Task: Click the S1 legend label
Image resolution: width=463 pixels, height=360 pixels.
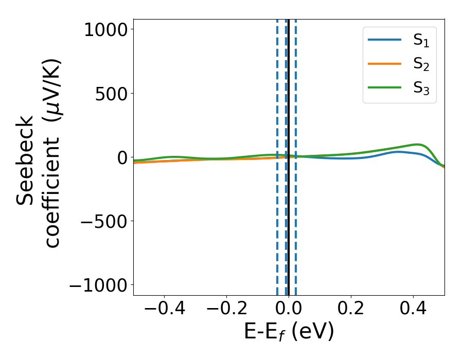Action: point(421,41)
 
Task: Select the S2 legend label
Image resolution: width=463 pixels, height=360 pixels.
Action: point(421,65)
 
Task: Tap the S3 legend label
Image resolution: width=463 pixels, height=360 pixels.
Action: point(421,88)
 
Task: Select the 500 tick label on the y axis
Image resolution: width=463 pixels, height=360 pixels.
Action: point(110,94)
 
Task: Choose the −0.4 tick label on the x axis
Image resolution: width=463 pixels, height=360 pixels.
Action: point(164,310)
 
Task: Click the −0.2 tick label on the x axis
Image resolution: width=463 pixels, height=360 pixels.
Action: point(226,310)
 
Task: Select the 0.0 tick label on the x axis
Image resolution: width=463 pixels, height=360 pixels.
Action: point(289,310)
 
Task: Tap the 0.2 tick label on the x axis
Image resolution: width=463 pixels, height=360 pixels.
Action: point(351,310)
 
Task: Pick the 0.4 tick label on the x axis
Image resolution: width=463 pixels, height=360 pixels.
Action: point(413,310)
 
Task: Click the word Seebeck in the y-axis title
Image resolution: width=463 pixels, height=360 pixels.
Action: point(26,160)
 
